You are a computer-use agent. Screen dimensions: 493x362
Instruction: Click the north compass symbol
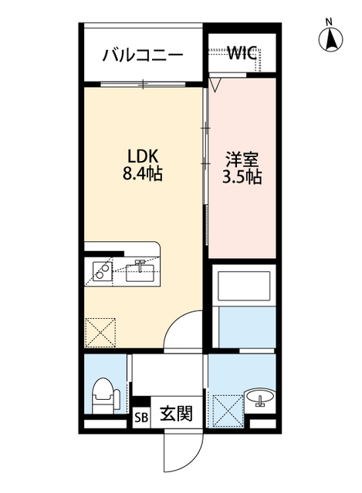330,36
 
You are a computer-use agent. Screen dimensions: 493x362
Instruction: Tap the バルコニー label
143,55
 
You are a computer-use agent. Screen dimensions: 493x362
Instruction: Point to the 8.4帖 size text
142,175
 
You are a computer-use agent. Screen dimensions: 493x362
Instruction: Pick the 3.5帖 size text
242,177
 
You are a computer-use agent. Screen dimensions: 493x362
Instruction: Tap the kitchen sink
140,271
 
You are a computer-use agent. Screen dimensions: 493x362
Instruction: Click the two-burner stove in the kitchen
100,270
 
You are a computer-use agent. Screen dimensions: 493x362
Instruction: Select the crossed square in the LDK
100,332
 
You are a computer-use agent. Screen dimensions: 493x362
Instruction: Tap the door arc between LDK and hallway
185,331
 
